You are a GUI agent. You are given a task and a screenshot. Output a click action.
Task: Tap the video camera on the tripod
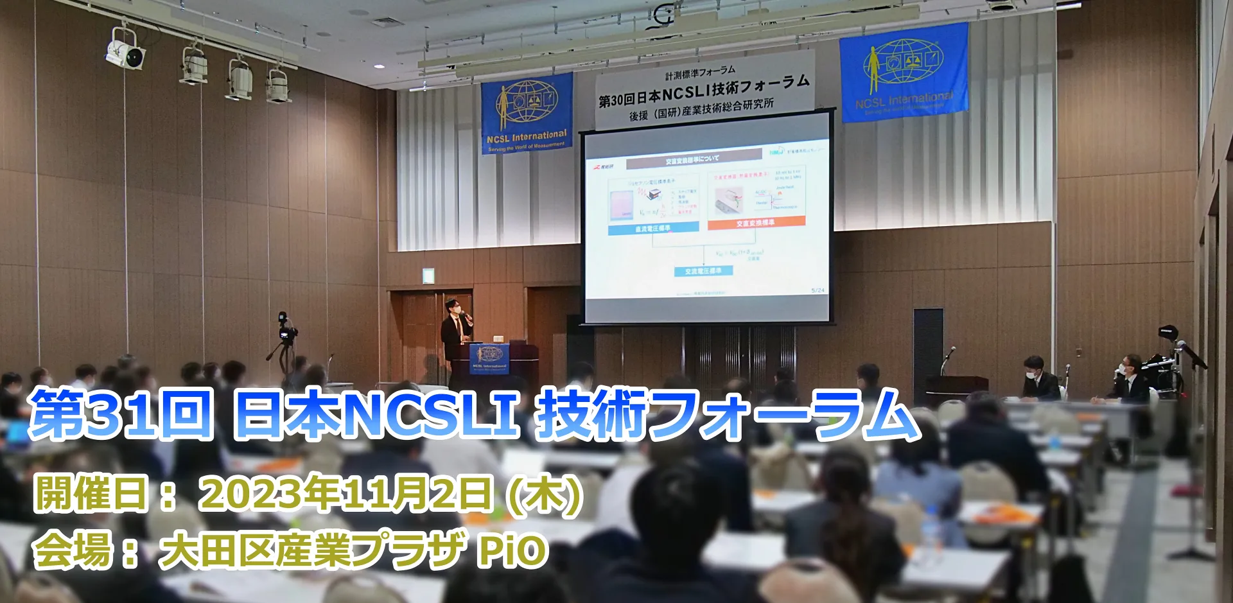pyautogui.click(x=285, y=331)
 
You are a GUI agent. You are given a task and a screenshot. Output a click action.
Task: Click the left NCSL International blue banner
pyautogui.click(x=527, y=113)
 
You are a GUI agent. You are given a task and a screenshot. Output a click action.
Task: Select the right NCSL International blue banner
pyautogui.click(x=904, y=73)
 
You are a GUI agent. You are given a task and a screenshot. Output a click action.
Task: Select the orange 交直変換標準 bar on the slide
pyautogui.click(x=756, y=223)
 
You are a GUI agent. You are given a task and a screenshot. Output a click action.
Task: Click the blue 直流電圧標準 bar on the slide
pyautogui.click(x=652, y=228)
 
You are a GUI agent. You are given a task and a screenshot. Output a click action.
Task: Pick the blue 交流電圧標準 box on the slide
pyautogui.click(x=703, y=271)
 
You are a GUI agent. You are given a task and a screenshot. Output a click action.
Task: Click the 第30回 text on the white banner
pyautogui.click(x=616, y=100)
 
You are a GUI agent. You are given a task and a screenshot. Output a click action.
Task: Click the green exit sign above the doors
pyautogui.click(x=428, y=275)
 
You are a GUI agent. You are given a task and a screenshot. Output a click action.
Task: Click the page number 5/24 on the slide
pyautogui.click(x=818, y=290)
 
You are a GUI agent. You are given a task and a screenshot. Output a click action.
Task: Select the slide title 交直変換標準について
pyautogui.click(x=692, y=159)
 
